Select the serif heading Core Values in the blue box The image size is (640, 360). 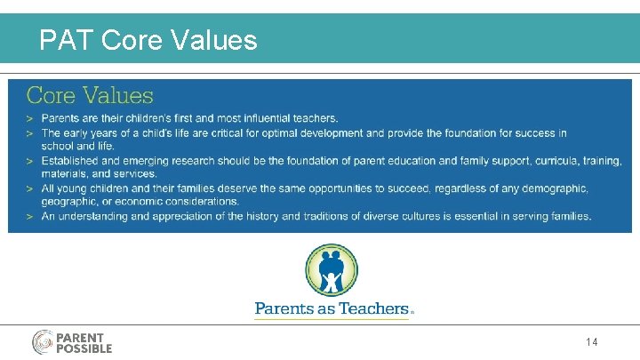(90, 95)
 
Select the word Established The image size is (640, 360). (75, 161)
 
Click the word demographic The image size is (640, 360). (555, 188)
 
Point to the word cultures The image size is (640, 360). (450, 216)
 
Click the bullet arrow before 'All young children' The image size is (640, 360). (30, 188)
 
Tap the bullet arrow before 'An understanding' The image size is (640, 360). (30, 216)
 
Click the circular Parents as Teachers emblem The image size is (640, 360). (332, 270)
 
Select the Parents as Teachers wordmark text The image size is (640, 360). (332, 309)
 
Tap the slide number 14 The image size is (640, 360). (592, 342)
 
